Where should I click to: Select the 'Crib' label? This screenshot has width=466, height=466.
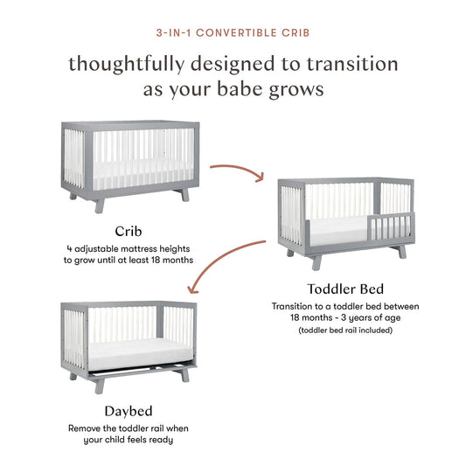click(129, 231)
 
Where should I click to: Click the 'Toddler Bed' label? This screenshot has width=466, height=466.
click(344, 288)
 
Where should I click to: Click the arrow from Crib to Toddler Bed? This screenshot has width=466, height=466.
click(237, 167)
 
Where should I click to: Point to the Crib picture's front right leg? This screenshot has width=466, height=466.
click(184, 194)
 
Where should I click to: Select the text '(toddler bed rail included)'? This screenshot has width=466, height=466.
click(345, 330)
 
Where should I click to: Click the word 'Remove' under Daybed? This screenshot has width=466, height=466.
click(86, 428)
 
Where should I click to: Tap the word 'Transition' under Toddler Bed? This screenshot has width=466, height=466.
click(296, 306)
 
